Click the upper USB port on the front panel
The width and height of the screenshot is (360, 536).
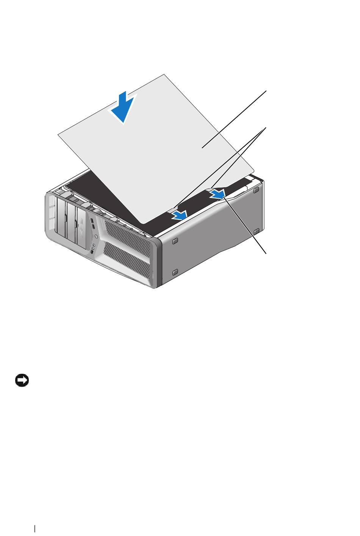(x=93, y=221)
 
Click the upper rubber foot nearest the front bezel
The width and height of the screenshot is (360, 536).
(x=175, y=241)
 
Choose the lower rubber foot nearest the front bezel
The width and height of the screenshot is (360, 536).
(x=175, y=272)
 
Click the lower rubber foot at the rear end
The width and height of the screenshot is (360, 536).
(x=257, y=230)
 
